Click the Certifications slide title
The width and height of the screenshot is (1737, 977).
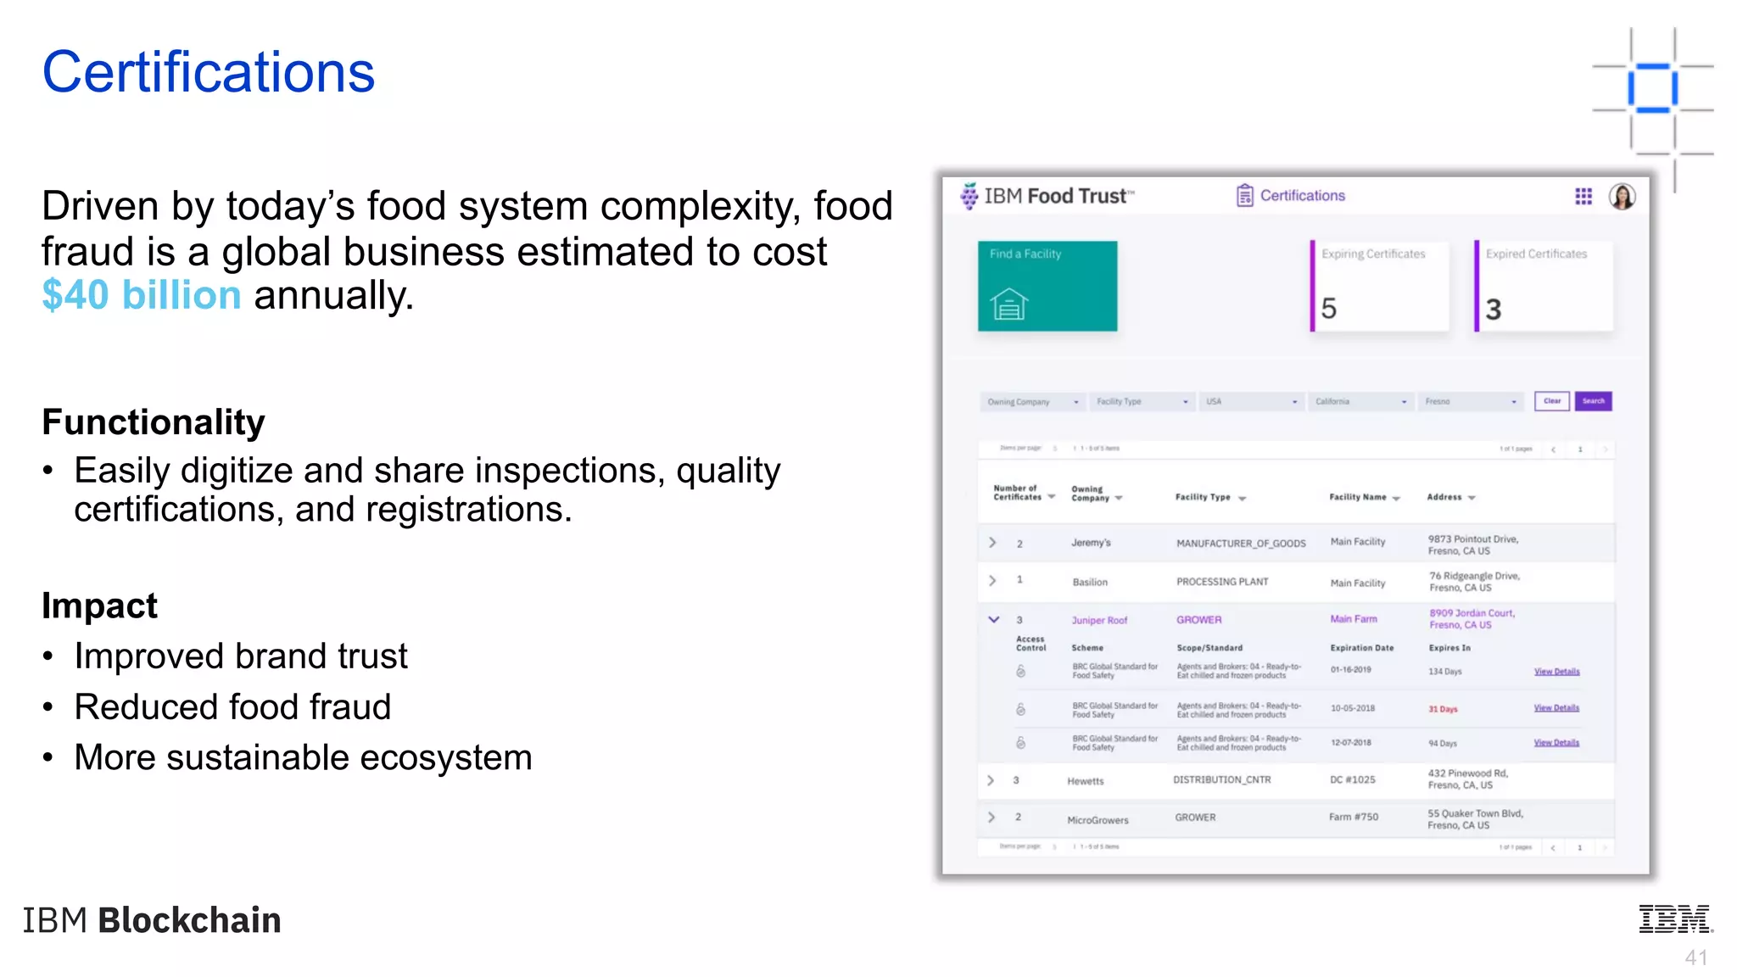click(209, 72)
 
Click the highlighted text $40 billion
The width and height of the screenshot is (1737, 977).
click(142, 295)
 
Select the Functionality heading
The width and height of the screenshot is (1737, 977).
click(154, 422)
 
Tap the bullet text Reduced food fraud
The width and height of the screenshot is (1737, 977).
click(232, 706)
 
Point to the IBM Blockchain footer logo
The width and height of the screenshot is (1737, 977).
click(152, 920)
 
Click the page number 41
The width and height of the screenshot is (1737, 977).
click(1695, 957)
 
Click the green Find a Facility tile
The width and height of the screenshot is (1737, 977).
click(1047, 286)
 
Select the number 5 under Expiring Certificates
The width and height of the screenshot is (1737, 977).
click(1328, 309)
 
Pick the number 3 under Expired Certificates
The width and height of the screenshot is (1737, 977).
click(1494, 310)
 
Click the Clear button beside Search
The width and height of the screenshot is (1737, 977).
click(1551, 401)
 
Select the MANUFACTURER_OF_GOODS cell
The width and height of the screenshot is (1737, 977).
click(1241, 544)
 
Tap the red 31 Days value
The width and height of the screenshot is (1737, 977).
click(1443, 709)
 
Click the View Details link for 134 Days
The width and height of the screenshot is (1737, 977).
click(1556, 672)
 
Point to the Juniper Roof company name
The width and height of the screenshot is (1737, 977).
click(1099, 620)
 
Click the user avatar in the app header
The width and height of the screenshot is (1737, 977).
click(1622, 197)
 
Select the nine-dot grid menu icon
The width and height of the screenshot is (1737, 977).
click(1583, 197)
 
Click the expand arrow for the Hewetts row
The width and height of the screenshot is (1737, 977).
click(991, 780)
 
